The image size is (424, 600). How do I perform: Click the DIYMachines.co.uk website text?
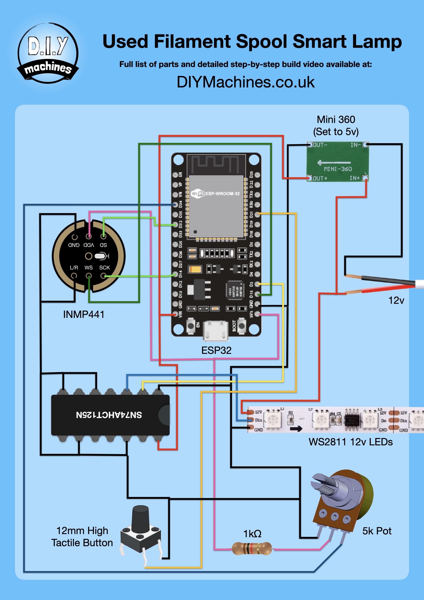click(x=245, y=82)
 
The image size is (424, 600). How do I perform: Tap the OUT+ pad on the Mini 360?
click(x=310, y=178)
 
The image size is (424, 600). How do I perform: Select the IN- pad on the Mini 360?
click(x=366, y=144)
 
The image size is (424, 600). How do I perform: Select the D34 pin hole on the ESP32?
click(x=175, y=205)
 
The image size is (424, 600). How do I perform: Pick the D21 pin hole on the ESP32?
click(x=257, y=214)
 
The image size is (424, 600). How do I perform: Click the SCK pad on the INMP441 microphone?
click(x=103, y=276)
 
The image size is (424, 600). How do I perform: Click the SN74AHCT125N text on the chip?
click(x=109, y=415)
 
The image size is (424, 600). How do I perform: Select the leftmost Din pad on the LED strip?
click(x=251, y=420)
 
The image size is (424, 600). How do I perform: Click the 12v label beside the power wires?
click(x=396, y=301)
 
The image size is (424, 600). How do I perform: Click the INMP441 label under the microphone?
click(x=84, y=314)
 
